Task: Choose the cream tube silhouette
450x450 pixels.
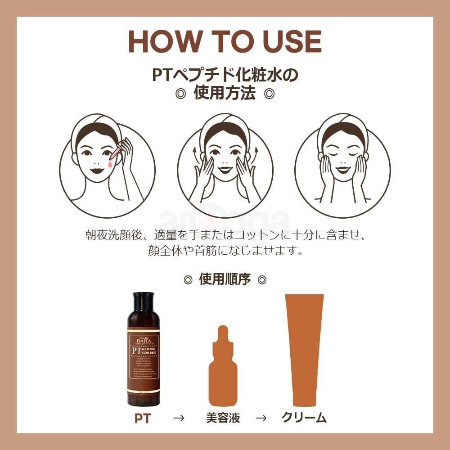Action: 304,349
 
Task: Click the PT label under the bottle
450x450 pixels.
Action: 143,418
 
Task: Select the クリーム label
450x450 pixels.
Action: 304,418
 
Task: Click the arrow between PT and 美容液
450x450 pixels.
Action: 179,418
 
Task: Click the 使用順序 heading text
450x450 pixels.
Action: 225,279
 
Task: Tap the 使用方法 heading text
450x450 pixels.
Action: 225,94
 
